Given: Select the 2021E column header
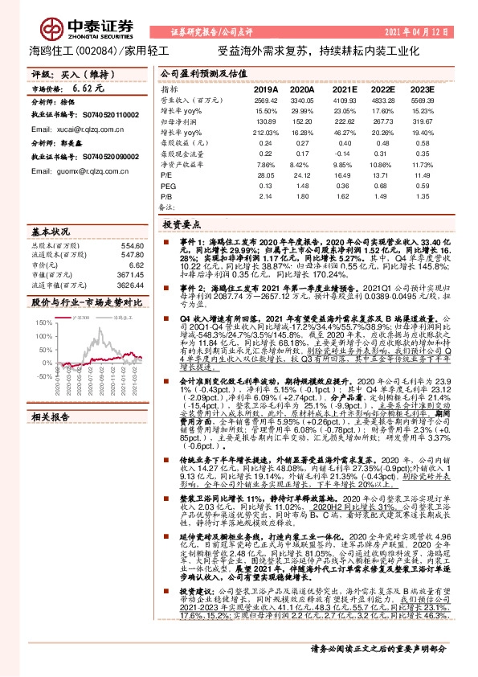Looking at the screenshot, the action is [343, 89].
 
